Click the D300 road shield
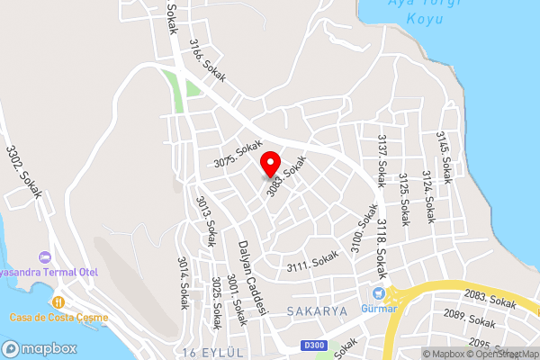coord(313,346)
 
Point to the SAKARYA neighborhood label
coord(317,310)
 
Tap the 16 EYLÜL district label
coord(212,352)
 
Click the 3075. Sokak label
coord(238,153)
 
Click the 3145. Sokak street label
coord(444,154)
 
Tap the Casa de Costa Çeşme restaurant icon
coord(58,302)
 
